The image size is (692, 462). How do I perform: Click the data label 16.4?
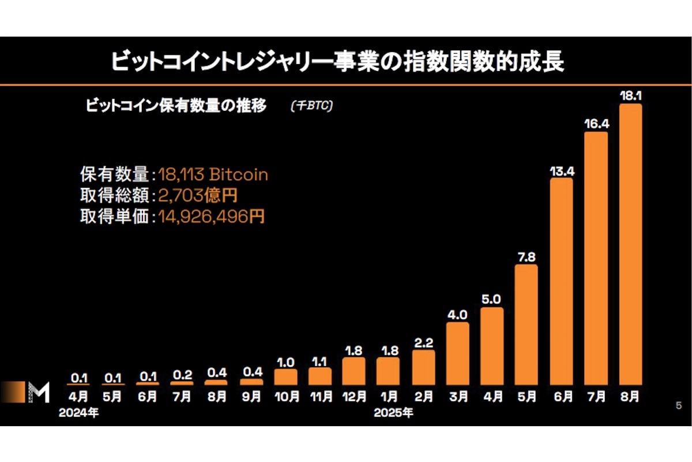pos(596,123)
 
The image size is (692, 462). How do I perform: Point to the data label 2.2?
pos(423,341)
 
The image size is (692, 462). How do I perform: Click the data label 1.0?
pos(285,362)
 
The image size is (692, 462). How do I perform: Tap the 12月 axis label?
pos(354,397)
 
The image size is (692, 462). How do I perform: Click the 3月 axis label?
pos(457,397)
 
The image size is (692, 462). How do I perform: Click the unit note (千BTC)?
pos(312,106)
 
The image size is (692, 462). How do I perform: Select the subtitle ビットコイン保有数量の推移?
pos(176,106)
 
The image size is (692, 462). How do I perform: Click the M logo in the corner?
pos(38,392)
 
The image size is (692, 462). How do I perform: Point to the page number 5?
pos(678,405)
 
